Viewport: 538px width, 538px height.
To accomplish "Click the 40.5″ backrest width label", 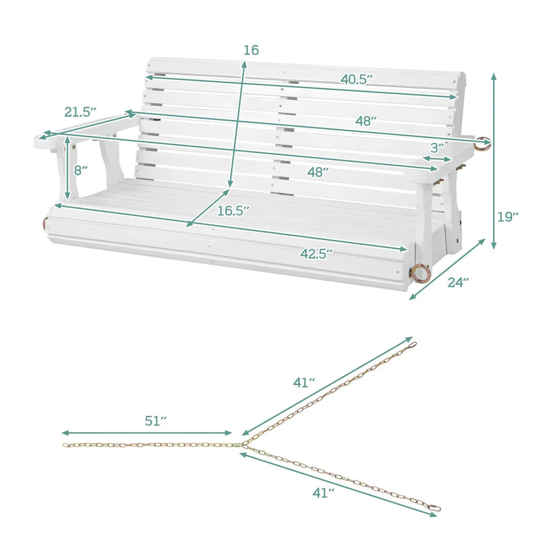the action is coord(357,80).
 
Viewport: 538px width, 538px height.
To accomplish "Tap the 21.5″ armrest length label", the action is coord(80,112).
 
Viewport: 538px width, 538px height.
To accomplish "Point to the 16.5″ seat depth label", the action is coord(233,211).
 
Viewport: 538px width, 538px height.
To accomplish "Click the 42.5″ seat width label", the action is coord(316,254).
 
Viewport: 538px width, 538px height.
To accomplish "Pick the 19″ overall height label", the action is coord(508,217).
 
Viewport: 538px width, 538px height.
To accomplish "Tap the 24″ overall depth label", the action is coord(458,282).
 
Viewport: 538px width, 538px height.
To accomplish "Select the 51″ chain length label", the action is coord(156,429).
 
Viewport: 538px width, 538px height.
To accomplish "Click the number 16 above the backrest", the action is coord(251,50).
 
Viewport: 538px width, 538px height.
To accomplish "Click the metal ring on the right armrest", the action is coord(482,144).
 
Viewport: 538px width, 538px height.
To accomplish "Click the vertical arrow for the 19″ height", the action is coord(493,161).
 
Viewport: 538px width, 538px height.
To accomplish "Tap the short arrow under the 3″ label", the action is coord(437,159).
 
